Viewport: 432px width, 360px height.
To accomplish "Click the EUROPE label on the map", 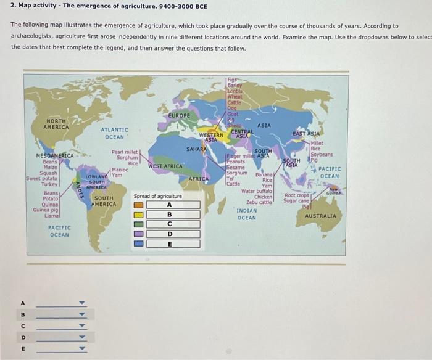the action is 179,115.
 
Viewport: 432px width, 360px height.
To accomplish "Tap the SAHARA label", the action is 196,149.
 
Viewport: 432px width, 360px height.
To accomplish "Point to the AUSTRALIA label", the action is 320,216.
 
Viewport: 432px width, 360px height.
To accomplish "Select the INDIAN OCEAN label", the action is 246,214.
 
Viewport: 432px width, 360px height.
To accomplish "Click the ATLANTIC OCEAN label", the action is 114,133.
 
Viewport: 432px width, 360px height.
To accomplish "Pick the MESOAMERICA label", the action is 55,156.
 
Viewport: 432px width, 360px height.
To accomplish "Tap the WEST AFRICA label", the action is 165,166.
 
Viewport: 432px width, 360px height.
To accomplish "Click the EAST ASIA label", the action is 306,133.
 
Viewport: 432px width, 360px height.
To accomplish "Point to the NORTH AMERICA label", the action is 57,124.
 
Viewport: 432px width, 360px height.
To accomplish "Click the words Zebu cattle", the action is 259,202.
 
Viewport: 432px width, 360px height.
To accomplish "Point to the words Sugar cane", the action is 297,200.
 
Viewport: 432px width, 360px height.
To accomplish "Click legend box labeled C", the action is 169,224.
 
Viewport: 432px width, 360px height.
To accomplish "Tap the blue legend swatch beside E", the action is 139,243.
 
